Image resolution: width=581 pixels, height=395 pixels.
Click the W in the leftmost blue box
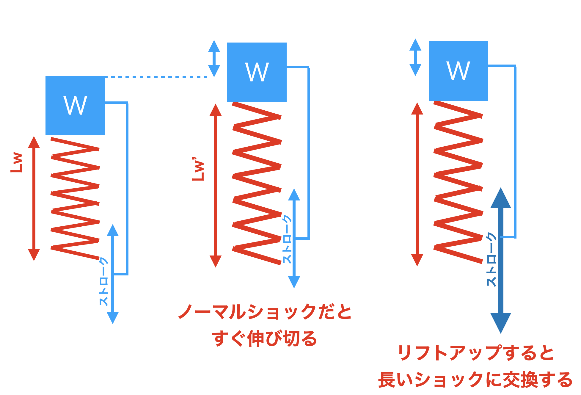[x=75, y=105]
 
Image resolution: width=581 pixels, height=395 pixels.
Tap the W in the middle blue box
[x=257, y=72]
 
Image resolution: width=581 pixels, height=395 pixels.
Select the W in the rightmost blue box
[x=458, y=71]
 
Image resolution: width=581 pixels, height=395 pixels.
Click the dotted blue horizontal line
[x=156, y=77]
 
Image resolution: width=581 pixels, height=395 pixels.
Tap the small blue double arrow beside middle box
[x=214, y=59]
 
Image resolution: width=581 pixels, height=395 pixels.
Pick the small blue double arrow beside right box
[x=415, y=57]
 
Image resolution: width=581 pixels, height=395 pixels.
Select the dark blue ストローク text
[x=492, y=259]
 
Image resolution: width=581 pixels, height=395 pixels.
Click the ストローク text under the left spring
[x=103, y=281]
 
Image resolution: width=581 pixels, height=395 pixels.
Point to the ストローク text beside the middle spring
[x=287, y=239]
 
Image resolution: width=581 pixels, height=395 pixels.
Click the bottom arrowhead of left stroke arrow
[x=113, y=317]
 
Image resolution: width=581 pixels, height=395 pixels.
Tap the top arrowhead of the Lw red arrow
[x=34, y=142]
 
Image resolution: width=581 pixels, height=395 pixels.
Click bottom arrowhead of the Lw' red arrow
[x=216, y=261]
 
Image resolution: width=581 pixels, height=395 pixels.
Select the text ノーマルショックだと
[x=265, y=312]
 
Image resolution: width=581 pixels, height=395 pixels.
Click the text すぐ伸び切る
[x=265, y=338]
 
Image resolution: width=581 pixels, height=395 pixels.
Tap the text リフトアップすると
[x=476, y=353]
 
